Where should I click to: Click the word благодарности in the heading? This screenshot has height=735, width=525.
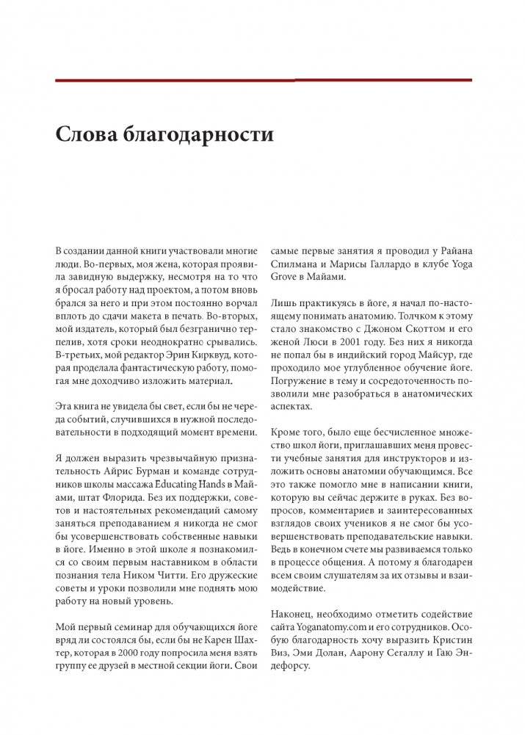186,136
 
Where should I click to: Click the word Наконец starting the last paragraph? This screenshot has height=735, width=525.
295,613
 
